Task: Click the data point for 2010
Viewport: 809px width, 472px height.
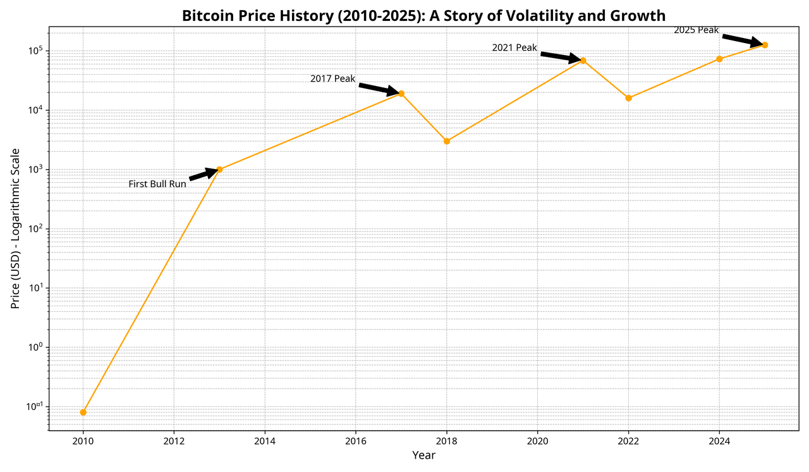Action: coord(83,413)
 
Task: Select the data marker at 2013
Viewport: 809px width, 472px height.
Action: coord(219,170)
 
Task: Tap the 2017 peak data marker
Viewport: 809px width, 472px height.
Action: coord(401,94)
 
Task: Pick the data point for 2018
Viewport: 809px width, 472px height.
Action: coord(447,141)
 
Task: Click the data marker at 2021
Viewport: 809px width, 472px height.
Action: coord(583,61)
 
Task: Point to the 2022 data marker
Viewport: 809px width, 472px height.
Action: coord(628,98)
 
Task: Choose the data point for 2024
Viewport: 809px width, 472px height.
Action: coord(719,59)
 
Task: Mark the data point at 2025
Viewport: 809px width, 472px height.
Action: coord(765,45)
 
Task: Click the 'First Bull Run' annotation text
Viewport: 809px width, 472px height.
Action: coord(157,184)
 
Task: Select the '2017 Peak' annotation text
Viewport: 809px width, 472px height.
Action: coord(332,79)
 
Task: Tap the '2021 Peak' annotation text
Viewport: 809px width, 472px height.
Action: coord(514,48)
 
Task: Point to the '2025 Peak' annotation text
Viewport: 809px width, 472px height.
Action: coord(696,30)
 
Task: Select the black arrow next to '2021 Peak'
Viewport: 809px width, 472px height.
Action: coord(561,57)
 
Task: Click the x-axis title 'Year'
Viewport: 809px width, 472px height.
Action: coord(423,455)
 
